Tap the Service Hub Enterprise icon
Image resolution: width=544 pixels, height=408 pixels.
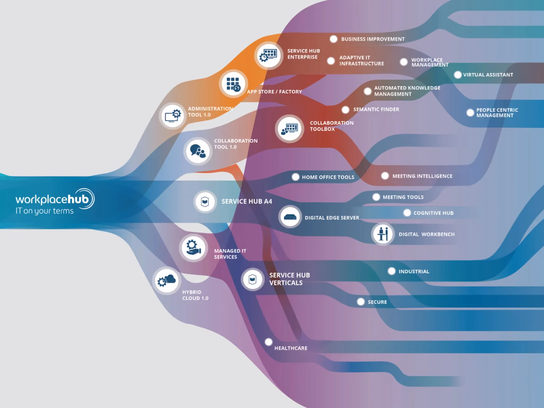point(269,56)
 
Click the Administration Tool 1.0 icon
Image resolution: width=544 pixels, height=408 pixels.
point(173,116)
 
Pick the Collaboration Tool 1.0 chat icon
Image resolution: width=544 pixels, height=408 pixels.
point(198,151)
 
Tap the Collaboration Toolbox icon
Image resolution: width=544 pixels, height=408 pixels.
point(289,129)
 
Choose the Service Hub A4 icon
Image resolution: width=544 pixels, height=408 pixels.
point(205,202)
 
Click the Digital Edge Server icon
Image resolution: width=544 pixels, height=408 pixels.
point(290,217)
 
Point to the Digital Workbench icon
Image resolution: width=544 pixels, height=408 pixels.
point(383,234)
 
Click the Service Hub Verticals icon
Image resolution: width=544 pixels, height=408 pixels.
point(252,279)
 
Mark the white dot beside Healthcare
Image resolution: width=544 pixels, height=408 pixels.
point(269,342)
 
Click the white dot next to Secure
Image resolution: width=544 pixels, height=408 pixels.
point(361,302)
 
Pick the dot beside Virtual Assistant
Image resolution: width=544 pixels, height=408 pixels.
point(458,75)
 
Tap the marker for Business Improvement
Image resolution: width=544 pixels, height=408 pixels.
point(333,39)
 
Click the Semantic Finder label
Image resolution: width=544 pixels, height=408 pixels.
point(376,109)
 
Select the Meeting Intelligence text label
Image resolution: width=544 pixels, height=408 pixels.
point(422,176)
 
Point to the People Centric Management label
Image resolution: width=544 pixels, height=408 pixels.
point(497,113)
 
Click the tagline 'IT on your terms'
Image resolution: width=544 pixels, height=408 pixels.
point(44,211)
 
